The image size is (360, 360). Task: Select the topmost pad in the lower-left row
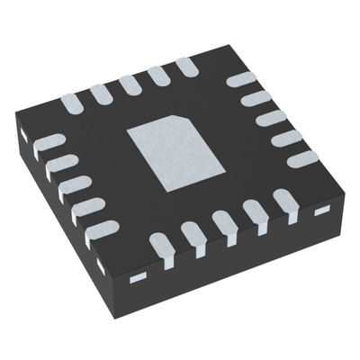pos(51,142)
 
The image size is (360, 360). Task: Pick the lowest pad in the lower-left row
pos(104,230)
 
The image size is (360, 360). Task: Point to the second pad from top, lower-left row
pos(62,164)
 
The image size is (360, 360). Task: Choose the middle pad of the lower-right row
pos(224,222)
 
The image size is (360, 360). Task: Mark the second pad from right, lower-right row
pos(256,212)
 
